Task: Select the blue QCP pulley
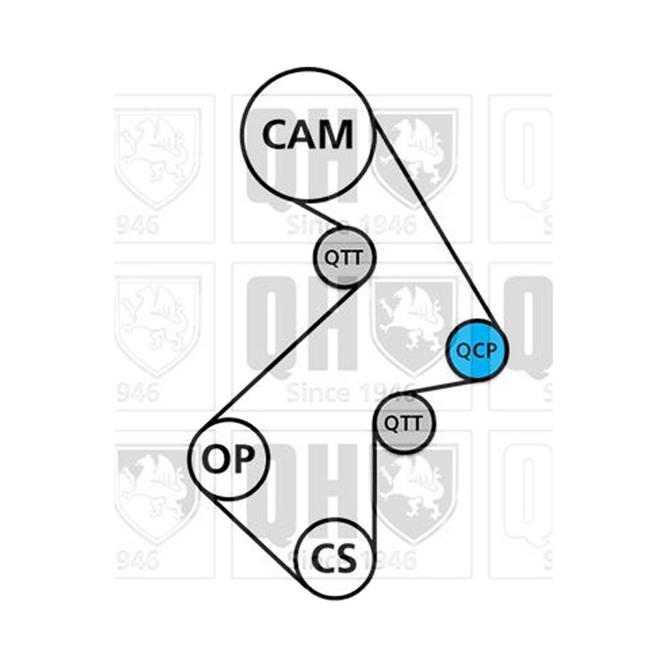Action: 477,350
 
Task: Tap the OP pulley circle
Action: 229,458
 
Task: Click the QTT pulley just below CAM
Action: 345,258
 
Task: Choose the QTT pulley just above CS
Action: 404,423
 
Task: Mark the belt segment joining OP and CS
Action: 256,541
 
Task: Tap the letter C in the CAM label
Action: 275,134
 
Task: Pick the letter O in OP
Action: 216,458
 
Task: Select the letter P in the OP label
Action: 244,458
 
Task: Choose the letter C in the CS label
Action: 323,558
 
